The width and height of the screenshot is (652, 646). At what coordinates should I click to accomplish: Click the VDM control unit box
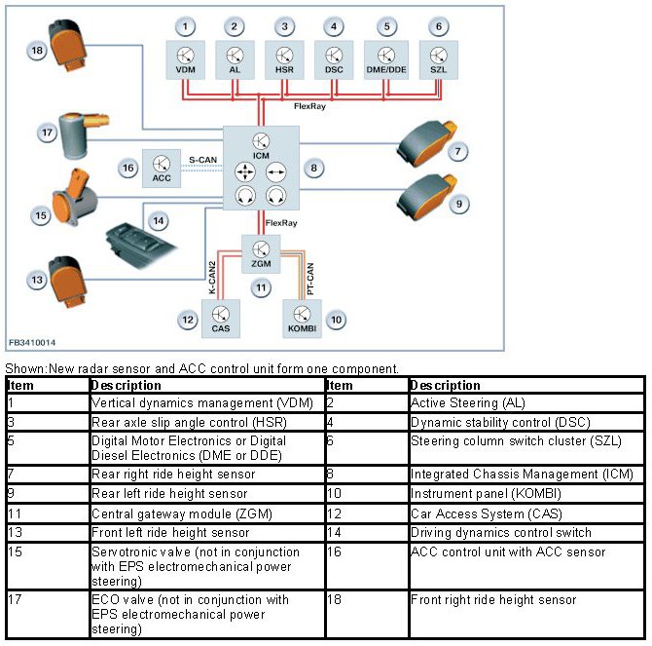click(185, 59)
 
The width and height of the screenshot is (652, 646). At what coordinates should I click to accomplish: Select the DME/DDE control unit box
click(385, 59)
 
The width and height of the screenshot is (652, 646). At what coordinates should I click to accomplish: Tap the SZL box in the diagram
click(438, 59)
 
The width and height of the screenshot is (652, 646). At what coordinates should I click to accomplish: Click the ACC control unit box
click(160, 169)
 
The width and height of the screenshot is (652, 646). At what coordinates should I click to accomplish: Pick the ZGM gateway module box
click(260, 253)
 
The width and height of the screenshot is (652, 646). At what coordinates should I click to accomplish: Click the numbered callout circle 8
click(313, 169)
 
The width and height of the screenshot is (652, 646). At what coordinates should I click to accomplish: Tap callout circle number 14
click(157, 220)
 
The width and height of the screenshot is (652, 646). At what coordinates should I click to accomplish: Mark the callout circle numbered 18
click(37, 50)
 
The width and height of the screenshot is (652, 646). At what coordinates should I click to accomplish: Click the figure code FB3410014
click(32, 343)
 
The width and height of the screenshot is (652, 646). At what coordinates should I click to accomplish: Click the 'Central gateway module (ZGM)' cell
click(204, 513)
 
